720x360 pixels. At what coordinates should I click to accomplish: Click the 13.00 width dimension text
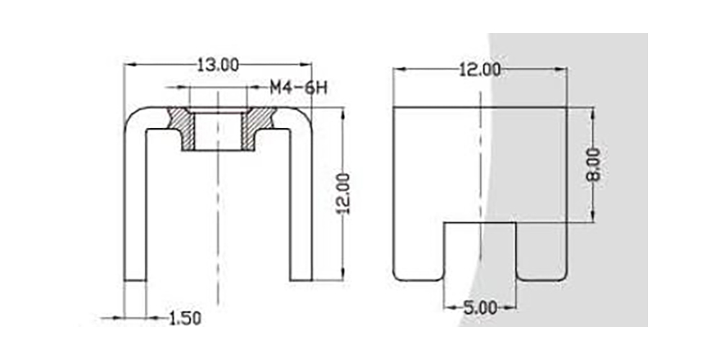pyautogui.click(x=218, y=65)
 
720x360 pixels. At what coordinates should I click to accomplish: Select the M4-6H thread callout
pyautogui.click(x=299, y=88)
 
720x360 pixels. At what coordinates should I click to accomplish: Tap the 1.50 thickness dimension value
pyautogui.click(x=184, y=318)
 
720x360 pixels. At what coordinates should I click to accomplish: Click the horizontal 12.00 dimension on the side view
pyautogui.click(x=480, y=70)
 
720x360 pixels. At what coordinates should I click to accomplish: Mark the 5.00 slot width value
pyautogui.click(x=480, y=307)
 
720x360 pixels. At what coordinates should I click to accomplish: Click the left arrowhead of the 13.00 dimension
pyautogui.click(x=128, y=65)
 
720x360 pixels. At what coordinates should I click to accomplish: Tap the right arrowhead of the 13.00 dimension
pyautogui.click(x=308, y=65)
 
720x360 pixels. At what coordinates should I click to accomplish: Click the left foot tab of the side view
pyautogui.click(x=418, y=252)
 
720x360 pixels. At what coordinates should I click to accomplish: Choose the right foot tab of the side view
pyautogui.click(x=541, y=252)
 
